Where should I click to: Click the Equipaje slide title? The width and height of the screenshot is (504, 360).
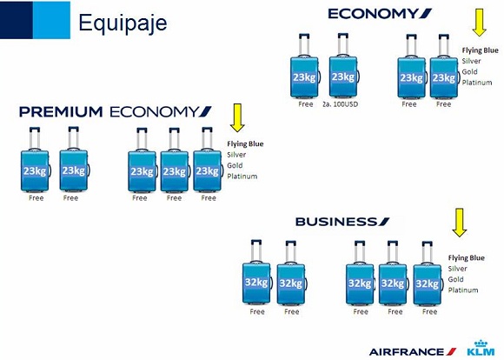(123, 23)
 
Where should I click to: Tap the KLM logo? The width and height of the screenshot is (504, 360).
(481, 348)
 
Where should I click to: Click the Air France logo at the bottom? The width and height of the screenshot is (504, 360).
(413, 351)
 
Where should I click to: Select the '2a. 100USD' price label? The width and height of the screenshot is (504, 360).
(340, 104)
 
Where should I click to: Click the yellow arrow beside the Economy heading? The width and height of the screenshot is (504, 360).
(480, 23)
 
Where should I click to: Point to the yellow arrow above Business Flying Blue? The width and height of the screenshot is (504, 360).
(460, 223)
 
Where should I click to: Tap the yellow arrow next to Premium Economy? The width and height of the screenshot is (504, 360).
(237, 117)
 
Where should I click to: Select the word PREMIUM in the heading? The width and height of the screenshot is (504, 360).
(61, 112)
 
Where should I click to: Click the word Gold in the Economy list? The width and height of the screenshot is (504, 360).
(469, 72)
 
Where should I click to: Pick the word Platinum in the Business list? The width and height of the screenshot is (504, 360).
(463, 290)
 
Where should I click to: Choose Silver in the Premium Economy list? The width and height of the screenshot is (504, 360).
(236, 155)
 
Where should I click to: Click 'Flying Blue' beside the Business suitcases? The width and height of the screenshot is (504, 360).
(467, 257)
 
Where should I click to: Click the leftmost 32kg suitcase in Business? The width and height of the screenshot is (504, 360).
(256, 272)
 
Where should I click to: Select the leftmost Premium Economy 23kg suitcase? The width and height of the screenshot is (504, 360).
(35, 159)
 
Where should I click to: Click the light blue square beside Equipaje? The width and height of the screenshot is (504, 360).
(51, 20)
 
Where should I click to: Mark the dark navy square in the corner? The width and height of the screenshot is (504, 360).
(17, 20)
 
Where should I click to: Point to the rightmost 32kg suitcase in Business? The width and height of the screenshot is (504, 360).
(428, 273)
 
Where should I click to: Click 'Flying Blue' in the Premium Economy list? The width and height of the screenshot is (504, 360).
(245, 143)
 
